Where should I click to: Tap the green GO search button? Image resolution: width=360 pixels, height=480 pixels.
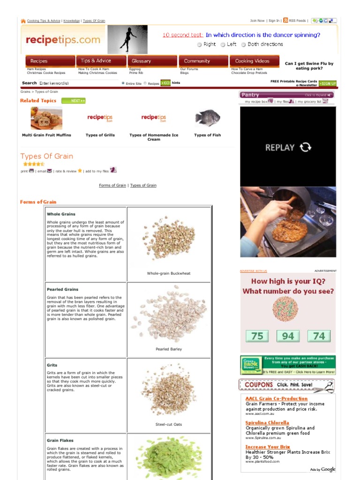165,83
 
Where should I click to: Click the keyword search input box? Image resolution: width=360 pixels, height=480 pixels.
78,83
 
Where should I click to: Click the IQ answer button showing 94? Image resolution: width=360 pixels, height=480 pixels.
288,336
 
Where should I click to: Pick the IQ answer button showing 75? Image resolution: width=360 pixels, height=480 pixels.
257,336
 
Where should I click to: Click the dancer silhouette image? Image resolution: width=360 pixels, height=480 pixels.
127,39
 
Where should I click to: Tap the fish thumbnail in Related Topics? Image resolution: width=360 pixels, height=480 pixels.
207,118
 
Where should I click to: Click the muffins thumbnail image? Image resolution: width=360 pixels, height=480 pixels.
46,118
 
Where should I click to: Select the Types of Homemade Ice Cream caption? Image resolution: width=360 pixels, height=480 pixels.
154,137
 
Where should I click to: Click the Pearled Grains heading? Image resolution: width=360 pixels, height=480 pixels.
62,289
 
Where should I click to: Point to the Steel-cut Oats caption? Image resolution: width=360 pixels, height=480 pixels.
169,424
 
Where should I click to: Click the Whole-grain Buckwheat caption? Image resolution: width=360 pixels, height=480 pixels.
169,273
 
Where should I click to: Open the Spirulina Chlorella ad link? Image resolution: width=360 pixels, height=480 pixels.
267,423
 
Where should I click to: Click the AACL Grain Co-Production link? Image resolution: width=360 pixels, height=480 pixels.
277,398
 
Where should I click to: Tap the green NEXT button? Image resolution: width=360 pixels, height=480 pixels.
74,101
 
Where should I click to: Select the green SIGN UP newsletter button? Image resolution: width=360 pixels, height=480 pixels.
328,83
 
